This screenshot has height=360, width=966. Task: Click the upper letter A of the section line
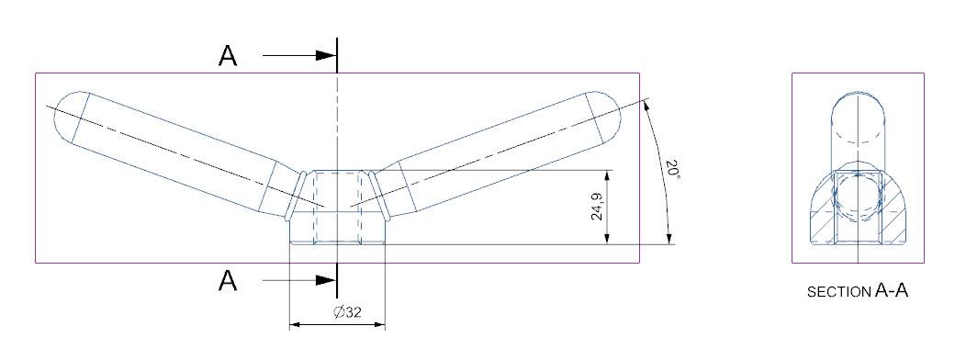228,55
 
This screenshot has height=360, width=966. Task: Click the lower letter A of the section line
228,280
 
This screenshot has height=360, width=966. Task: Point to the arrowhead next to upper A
326,55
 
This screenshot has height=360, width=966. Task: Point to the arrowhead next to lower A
326,280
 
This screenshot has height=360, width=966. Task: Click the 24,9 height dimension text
597,207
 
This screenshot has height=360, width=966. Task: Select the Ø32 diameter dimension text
346,312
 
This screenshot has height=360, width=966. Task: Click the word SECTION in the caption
839,292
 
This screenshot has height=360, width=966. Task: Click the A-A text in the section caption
891,290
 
